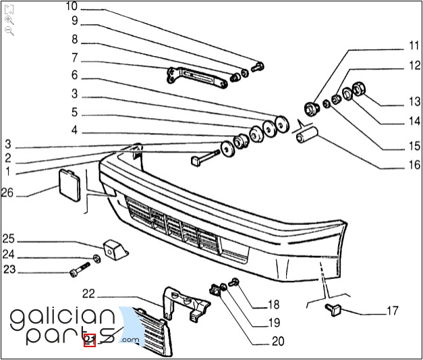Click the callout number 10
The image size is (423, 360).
pos(72,7)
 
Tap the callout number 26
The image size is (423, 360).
pos(7,193)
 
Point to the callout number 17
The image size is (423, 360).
pos(393,311)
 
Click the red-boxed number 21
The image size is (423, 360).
pos(89,340)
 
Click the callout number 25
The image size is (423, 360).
pos(7,238)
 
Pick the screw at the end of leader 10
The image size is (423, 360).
pos(259,67)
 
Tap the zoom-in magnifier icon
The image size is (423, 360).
pos(9,20)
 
